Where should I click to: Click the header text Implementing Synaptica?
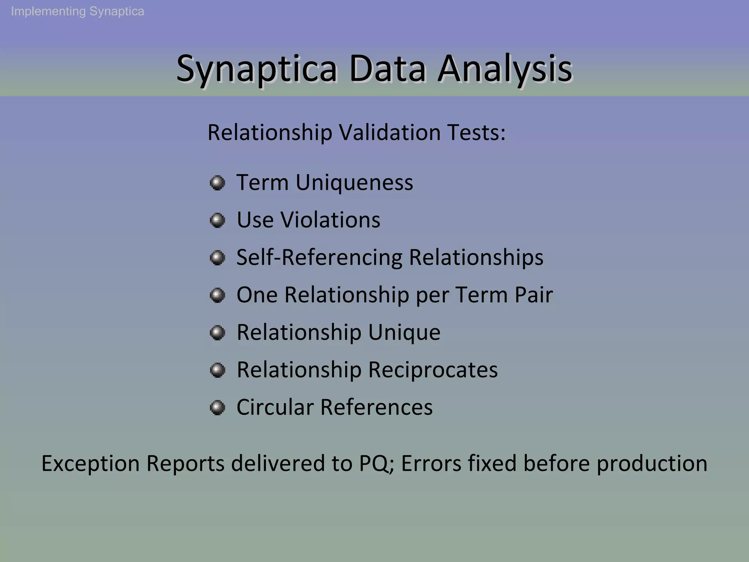coord(78,11)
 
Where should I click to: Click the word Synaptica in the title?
coord(256,69)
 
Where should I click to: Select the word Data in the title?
coord(387,69)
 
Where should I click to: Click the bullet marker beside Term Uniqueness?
coord(217,183)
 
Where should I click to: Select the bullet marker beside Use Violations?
coord(217,220)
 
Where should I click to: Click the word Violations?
coord(330,220)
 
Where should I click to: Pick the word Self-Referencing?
coord(319,257)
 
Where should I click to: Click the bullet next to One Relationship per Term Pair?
coord(217,295)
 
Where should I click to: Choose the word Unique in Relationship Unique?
coord(404,332)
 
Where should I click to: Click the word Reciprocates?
coord(433,370)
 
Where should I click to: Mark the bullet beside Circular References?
coord(217,407)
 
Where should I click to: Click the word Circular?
coord(275,407)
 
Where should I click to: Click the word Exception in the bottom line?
coord(90,464)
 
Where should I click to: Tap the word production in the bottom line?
coord(652,464)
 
